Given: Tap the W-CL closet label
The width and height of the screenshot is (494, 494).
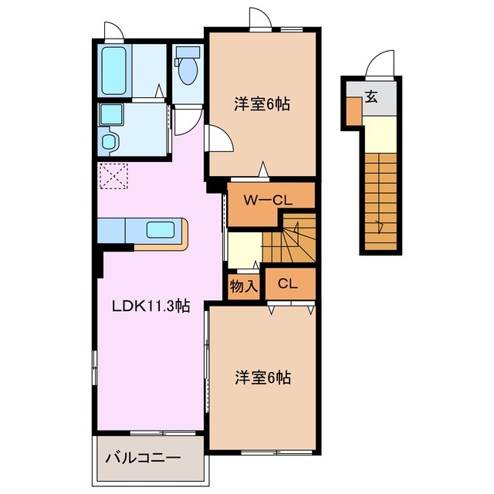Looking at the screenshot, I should point(268,200).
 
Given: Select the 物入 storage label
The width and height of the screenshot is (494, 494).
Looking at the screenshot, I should point(244,286).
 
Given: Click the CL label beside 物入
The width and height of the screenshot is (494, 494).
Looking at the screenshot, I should point(288,284).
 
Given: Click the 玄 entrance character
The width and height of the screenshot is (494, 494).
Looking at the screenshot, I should point(372,97).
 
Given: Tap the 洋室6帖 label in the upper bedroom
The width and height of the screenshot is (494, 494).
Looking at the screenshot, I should point(262,103).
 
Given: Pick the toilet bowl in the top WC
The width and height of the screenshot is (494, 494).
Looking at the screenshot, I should point(186,69).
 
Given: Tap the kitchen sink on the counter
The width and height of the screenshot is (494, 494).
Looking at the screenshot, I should point(161,230).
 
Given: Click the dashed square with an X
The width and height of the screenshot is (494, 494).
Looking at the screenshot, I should point(113,176).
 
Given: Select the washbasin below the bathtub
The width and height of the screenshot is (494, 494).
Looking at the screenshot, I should point(109,116).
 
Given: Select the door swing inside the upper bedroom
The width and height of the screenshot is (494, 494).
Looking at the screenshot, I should point(218,140).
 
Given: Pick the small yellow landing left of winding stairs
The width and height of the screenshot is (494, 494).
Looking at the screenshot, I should point(244,249).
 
